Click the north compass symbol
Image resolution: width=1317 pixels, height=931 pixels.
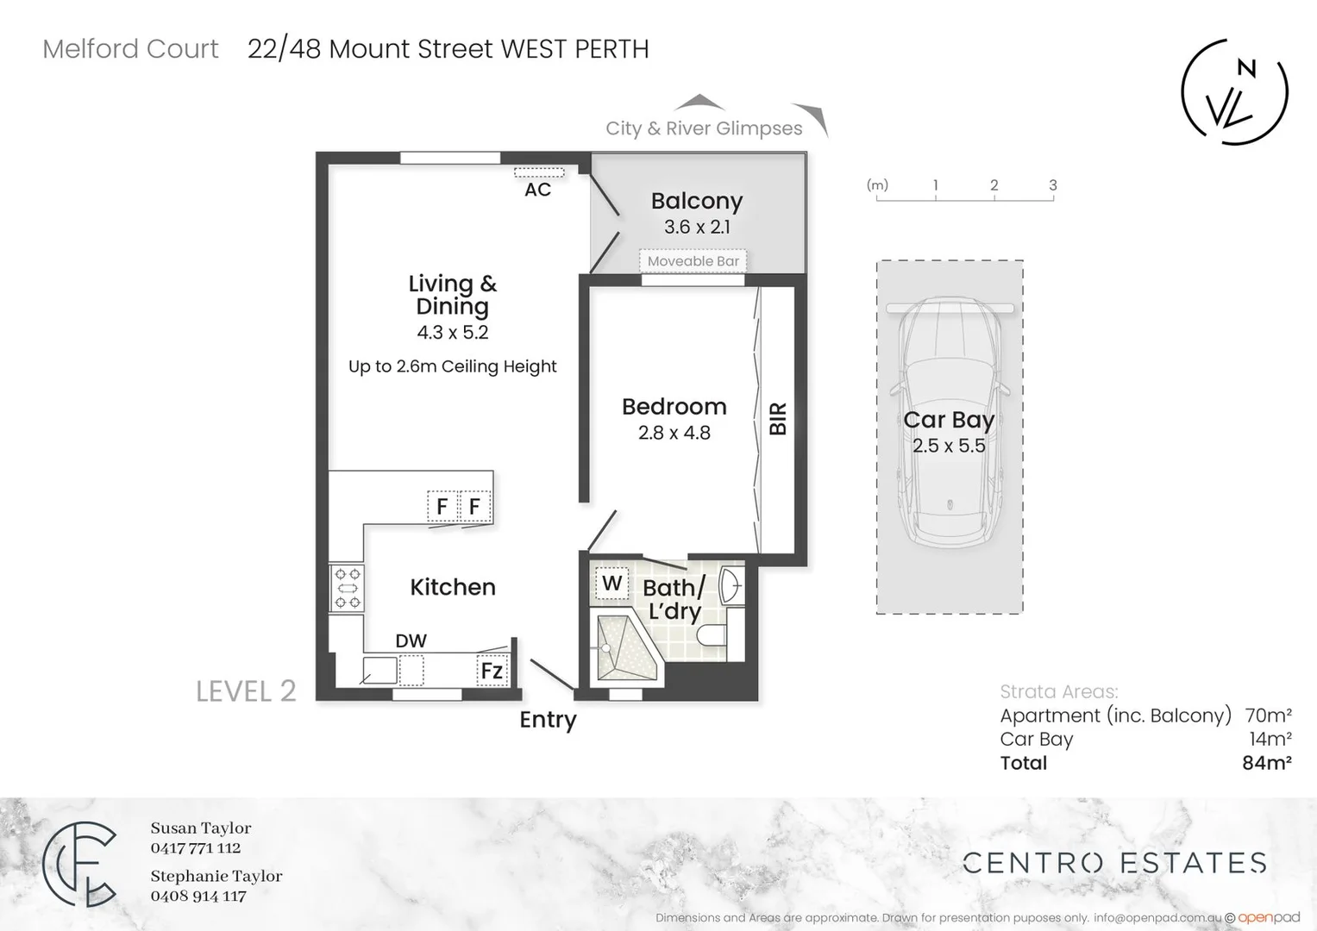(x=1234, y=91)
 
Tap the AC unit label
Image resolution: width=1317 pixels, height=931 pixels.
(x=537, y=190)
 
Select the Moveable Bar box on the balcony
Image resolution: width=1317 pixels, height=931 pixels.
(x=693, y=261)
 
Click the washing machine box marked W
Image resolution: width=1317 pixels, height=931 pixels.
(x=611, y=584)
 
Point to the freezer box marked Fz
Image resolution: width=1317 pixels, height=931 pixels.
(x=492, y=671)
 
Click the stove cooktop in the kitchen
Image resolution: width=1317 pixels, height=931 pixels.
(x=348, y=588)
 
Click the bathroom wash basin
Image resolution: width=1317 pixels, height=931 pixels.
(x=729, y=584)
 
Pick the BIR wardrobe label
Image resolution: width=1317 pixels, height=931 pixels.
(x=778, y=419)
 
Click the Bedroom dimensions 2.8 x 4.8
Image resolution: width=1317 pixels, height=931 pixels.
(x=674, y=433)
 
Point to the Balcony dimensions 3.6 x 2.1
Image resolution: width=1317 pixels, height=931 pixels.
(x=697, y=227)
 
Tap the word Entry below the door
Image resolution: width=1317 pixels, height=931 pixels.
(x=548, y=720)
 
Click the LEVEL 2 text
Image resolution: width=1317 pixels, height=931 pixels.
(x=246, y=691)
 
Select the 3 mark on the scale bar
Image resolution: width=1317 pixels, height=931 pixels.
(x=1052, y=185)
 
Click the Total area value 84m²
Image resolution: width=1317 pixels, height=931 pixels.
(x=1266, y=763)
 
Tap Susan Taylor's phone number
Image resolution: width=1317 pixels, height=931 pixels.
(x=196, y=848)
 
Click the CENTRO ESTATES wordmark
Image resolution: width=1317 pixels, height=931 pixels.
(x=1114, y=863)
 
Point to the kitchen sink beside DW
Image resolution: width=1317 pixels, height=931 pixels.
(x=379, y=670)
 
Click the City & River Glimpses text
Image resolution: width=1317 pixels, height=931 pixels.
(x=704, y=128)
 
